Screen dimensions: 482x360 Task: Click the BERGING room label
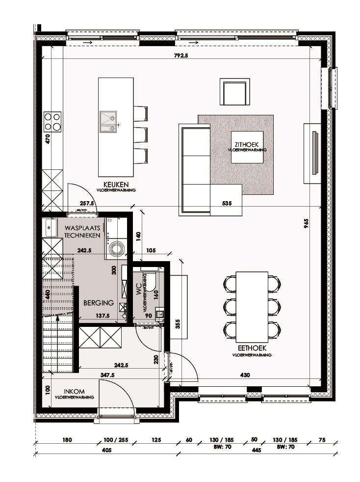click(98, 303)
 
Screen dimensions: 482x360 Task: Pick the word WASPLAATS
click(82, 228)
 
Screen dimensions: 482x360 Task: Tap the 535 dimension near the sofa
click(227, 202)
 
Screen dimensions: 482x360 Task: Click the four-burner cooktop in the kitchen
click(53, 121)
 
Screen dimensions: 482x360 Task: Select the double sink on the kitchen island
click(108, 122)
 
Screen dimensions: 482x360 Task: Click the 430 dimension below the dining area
click(245, 375)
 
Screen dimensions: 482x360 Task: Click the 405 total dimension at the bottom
click(107, 450)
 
